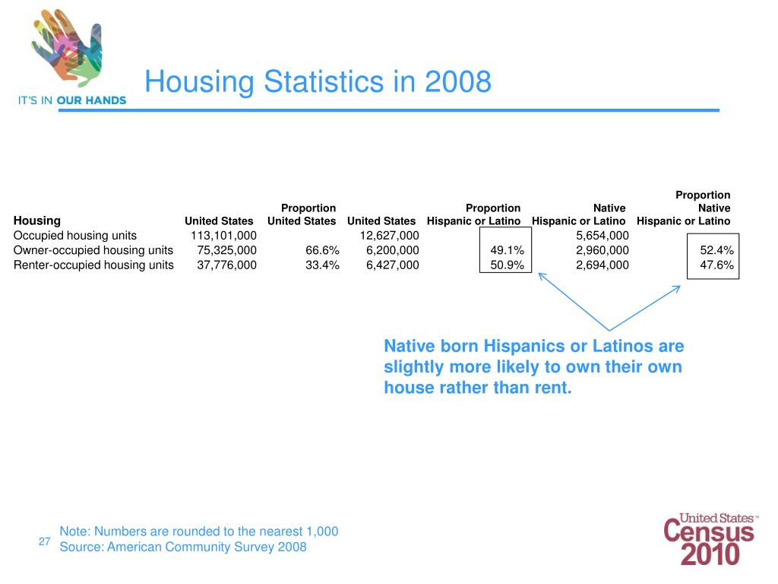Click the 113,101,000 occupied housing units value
tap(223, 236)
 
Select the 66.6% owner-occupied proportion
tap(322, 250)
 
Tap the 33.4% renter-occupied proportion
tap(322, 265)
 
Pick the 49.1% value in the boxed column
tap(507, 250)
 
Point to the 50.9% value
tap(507, 265)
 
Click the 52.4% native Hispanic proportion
tap(717, 250)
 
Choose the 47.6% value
tap(717, 265)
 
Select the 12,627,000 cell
tap(390, 236)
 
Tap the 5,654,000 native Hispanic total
tap(602, 236)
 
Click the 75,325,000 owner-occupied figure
tap(226, 250)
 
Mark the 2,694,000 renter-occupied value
tap(602, 265)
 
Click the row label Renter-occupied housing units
tap(93, 265)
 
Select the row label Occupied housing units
tap(75, 236)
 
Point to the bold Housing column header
tap(36, 221)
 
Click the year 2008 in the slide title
tap(458, 81)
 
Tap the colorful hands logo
tap(68, 47)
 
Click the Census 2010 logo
tap(710, 540)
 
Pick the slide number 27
tap(44, 541)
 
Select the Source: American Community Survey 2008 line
tap(183, 547)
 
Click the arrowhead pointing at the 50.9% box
tap(542, 276)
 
